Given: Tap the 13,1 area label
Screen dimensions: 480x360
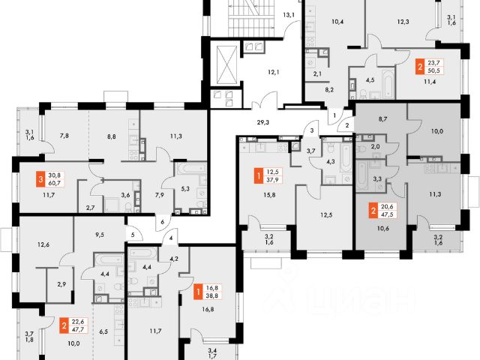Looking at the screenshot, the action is [288, 14].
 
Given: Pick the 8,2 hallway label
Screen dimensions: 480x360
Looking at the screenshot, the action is [329, 88].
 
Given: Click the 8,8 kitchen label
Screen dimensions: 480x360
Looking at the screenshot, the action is [112, 138].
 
